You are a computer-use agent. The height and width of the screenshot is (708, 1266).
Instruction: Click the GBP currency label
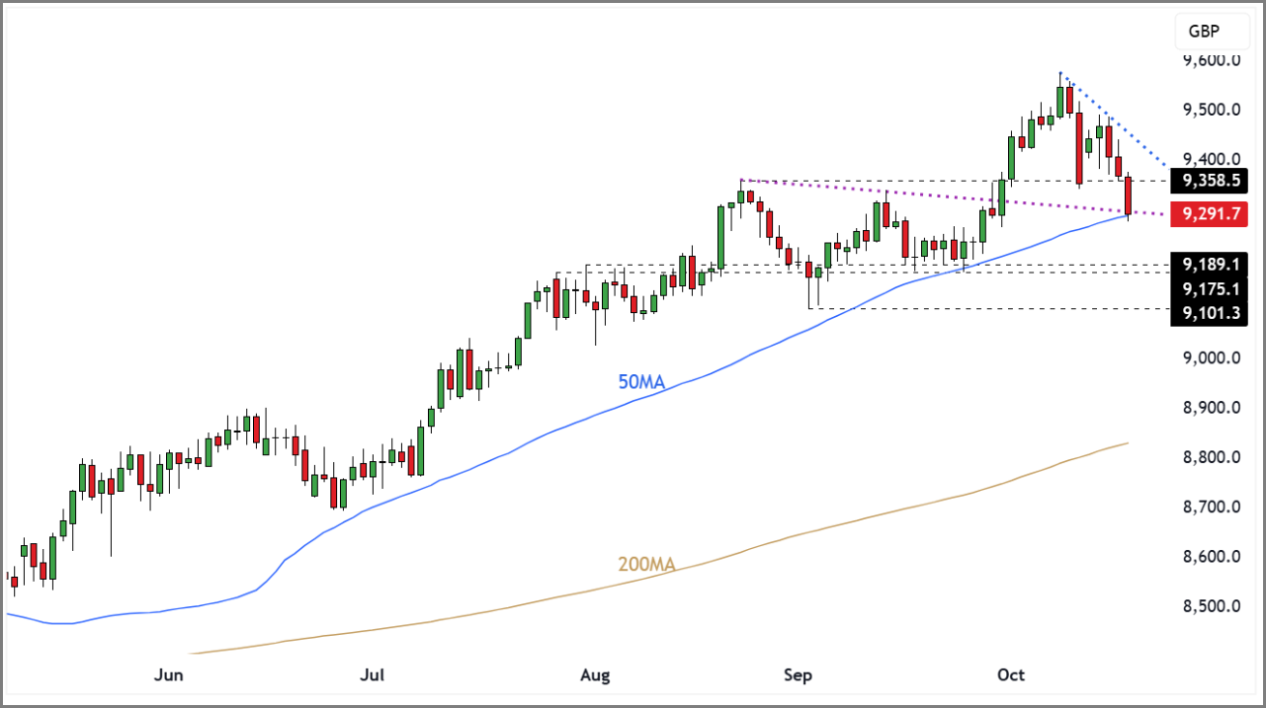(1204, 32)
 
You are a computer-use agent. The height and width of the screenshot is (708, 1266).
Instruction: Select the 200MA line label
(646, 566)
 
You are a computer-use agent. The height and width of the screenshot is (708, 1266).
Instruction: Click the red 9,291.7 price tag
(1208, 213)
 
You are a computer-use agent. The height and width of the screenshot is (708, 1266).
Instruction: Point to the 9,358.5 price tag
(1208, 181)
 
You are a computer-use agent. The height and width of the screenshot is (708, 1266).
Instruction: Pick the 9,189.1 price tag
(1208, 265)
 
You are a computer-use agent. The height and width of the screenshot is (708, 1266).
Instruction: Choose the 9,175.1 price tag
(1208, 289)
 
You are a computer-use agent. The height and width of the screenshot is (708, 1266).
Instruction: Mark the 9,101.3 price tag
(1208, 314)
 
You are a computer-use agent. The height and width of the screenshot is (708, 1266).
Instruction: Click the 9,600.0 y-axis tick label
(1212, 60)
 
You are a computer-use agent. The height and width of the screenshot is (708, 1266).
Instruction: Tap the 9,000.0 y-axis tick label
(1212, 358)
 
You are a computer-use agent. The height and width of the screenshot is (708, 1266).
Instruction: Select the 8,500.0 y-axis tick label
(1212, 606)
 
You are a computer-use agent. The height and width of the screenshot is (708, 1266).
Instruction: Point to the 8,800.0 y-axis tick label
(1212, 457)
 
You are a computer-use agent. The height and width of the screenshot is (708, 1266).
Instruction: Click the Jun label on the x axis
(170, 675)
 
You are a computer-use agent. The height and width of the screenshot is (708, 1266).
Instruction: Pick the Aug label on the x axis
(596, 675)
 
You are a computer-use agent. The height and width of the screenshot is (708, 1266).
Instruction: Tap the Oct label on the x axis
(1011, 675)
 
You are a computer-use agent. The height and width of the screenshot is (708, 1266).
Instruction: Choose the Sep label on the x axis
(798, 675)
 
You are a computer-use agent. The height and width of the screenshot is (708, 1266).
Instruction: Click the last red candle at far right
(1129, 196)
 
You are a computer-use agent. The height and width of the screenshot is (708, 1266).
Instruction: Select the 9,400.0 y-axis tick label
(1212, 159)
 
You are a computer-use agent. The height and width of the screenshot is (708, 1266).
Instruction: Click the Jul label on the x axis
(372, 675)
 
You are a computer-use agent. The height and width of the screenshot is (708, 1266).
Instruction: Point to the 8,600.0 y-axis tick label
(1212, 557)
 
